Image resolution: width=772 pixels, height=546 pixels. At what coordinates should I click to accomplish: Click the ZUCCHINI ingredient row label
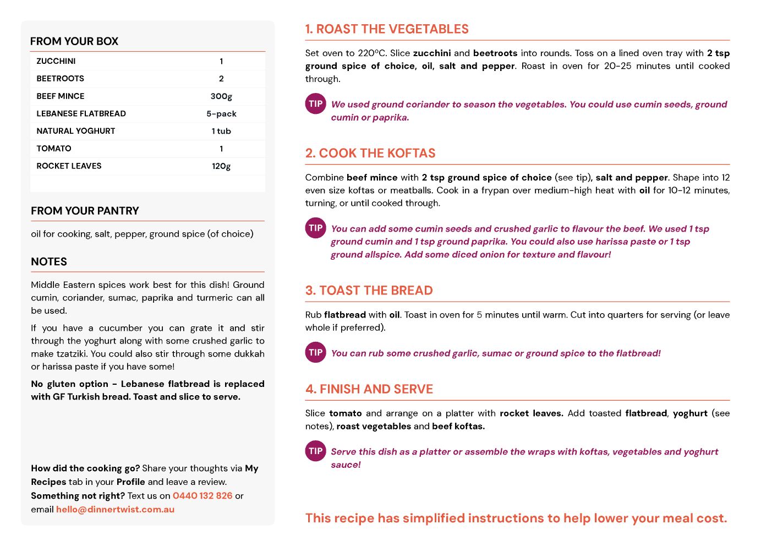coord(56,61)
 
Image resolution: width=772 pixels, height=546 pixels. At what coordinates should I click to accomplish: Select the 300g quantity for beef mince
coord(221,96)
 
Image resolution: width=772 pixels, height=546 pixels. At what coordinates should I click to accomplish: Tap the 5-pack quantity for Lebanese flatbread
coord(221,114)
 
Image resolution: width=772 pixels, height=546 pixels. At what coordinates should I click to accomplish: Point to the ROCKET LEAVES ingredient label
coord(69,166)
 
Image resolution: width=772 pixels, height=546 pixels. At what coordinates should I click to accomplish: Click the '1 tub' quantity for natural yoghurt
coord(221,131)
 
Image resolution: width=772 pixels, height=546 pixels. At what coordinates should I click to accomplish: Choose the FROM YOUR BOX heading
coord(74,41)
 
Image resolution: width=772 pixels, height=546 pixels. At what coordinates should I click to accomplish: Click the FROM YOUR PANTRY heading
coord(85,211)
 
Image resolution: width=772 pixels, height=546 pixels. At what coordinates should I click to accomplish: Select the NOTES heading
coord(49,262)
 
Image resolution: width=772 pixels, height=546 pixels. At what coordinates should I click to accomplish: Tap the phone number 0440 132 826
coord(202,496)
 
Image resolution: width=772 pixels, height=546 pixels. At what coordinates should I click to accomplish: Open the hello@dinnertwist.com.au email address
coord(115,510)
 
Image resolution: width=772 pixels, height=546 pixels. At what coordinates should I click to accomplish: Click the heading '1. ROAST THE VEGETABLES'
coord(387,29)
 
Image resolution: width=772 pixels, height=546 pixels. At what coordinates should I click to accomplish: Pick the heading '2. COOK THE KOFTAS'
coord(370,154)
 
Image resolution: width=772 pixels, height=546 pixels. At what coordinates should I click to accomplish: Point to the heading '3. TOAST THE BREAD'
coord(369,291)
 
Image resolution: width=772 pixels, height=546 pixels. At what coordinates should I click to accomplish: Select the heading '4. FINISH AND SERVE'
coord(369,389)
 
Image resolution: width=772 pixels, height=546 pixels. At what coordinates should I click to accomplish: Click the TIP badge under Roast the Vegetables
coord(316,104)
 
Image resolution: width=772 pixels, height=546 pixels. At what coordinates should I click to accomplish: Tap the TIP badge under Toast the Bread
coord(316,353)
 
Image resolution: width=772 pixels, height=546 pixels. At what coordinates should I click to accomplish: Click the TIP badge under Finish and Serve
coord(316,451)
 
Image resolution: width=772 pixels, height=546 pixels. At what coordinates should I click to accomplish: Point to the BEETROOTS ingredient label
coord(60,79)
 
